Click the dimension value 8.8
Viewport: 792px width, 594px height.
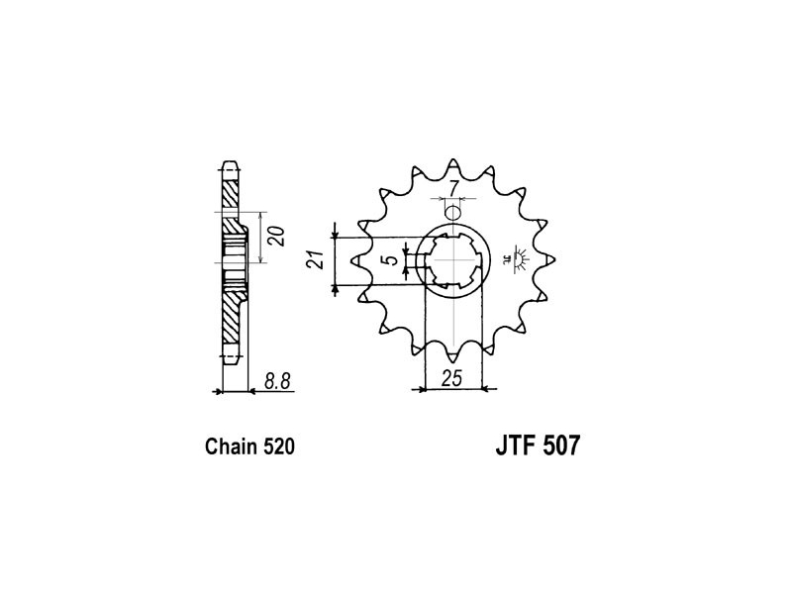coord(277,380)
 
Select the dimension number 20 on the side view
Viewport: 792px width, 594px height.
coord(277,237)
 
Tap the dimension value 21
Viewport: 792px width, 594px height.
coord(317,259)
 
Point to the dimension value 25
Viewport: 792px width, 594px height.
coord(451,378)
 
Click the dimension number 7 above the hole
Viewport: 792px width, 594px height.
coord(453,189)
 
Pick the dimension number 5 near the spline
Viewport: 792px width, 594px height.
coord(391,260)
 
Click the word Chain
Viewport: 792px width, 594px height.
coord(232,446)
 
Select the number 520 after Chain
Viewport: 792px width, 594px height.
coord(278,446)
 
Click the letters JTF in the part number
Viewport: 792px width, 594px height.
coord(514,445)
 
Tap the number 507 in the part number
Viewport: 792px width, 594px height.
coord(561,445)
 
